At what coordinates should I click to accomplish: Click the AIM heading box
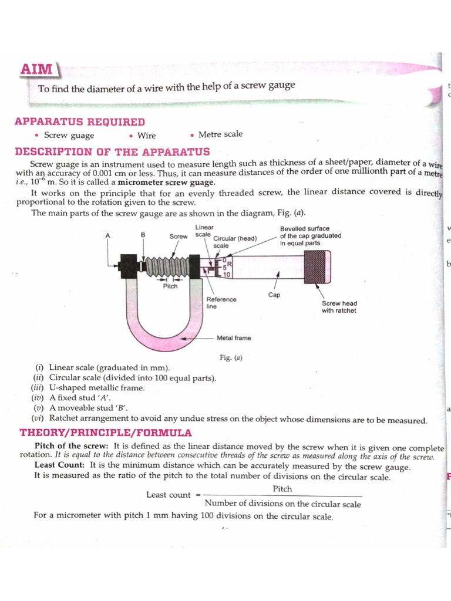(x=36, y=69)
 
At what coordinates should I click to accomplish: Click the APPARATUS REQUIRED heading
(x=79, y=121)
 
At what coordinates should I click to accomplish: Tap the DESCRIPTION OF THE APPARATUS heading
(x=112, y=151)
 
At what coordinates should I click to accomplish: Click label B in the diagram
(x=143, y=235)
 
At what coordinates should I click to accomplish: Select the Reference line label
(x=221, y=302)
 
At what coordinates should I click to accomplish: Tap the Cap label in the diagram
(x=274, y=295)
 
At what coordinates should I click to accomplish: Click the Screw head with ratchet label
(x=339, y=307)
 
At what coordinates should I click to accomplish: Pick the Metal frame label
(x=233, y=338)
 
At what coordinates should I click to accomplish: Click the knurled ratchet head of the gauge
(x=317, y=266)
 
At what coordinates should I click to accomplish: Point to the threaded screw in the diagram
(x=169, y=265)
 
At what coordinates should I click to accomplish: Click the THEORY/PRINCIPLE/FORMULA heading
(x=106, y=433)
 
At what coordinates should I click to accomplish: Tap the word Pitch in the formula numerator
(x=282, y=489)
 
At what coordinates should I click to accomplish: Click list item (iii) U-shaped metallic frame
(x=88, y=388)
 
